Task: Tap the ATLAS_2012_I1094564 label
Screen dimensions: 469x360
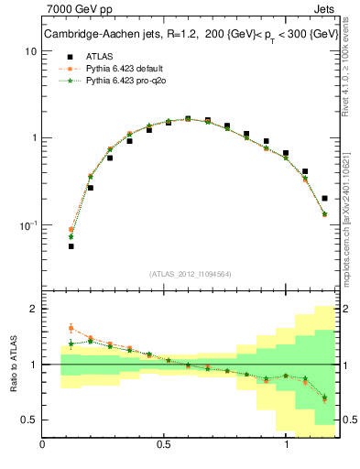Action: [x=191, y=273]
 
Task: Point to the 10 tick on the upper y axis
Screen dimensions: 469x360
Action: [x=30, y=52]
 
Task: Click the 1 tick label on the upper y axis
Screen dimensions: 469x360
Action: [x=33, y=138]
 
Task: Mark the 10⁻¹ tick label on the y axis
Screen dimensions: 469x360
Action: [x=28, y=225]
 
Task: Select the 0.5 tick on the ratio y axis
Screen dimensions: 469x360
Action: [x=28, y=420]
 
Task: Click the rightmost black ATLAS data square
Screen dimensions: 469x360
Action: [x=325, y=198]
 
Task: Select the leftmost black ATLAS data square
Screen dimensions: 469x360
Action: [x=71, y=246]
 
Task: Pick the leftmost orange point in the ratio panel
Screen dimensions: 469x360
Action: [x=71, y=328]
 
